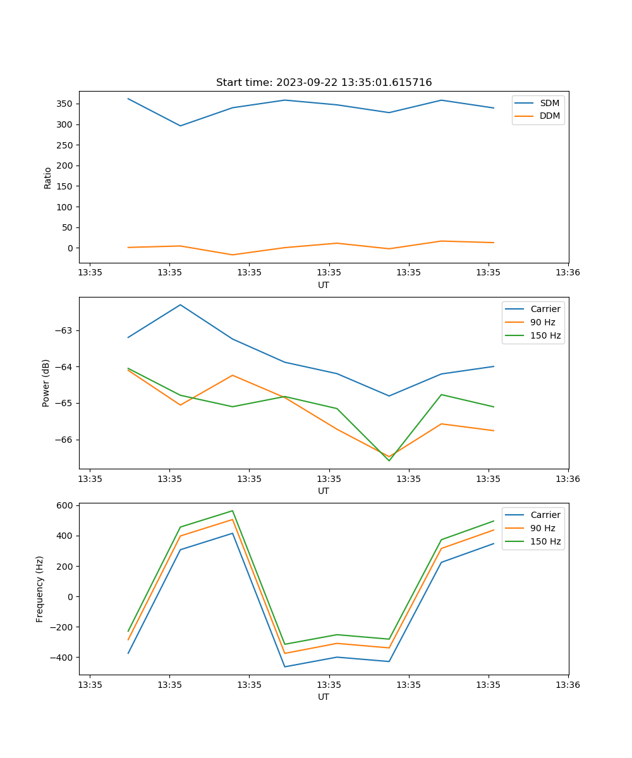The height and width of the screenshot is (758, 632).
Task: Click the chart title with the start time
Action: coord(324,83)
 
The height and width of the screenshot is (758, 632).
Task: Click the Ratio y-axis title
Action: coord(48,178)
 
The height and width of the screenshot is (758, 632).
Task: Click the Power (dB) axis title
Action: coord(46,383)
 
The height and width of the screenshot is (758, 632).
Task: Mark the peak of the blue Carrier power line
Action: coord(180,304)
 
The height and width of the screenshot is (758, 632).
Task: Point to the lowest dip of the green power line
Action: coord(389,460)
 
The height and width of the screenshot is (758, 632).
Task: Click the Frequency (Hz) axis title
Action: coord(40,589)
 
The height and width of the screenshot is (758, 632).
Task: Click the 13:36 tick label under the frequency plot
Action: coord(568,684)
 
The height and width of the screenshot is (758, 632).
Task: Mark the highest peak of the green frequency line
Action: coord(233,511)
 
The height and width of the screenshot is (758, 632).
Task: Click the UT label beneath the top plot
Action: coord(324,285)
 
